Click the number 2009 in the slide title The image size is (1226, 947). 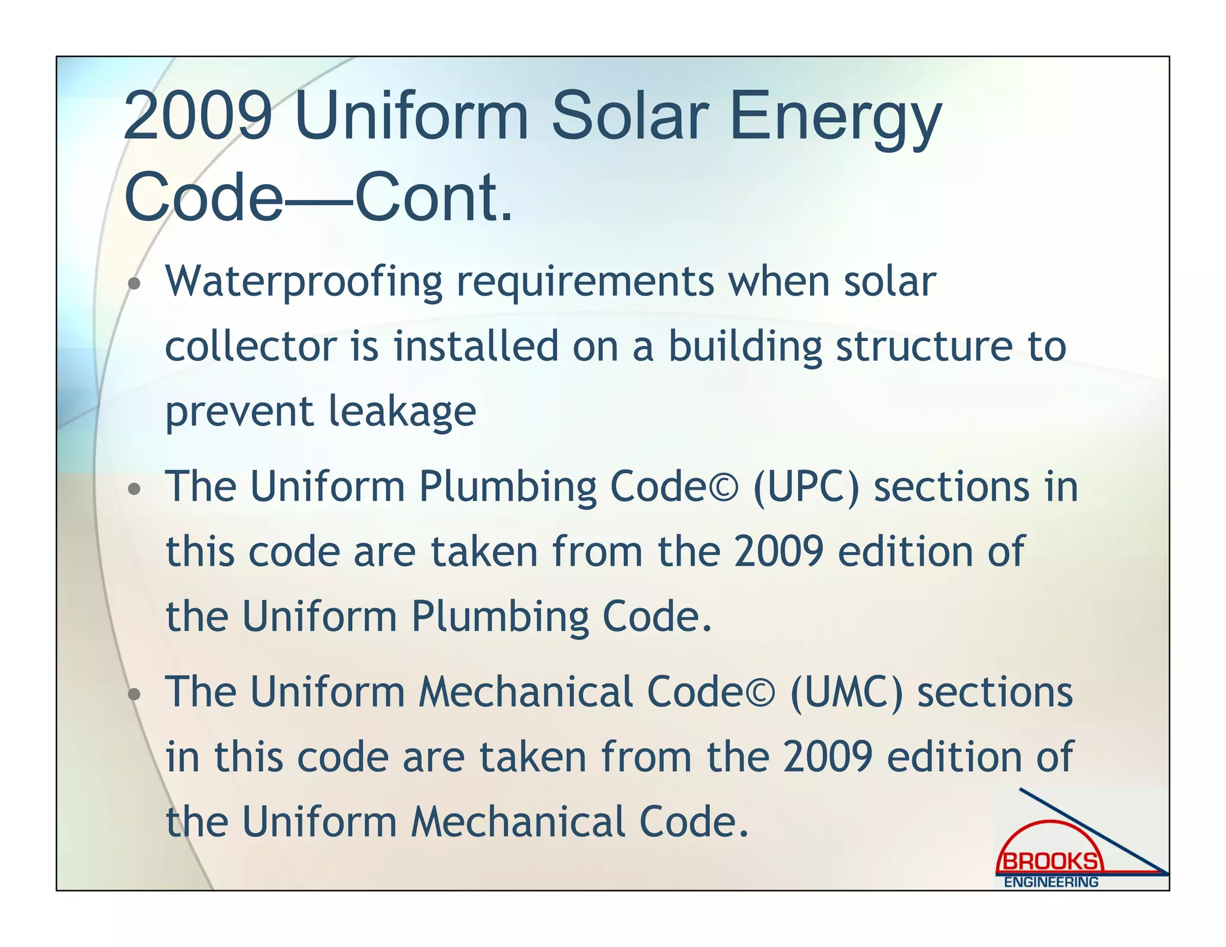click(198, 115)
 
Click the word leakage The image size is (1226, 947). click(402, 411)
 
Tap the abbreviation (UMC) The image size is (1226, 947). click(846, 693)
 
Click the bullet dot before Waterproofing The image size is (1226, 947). click(135, 284)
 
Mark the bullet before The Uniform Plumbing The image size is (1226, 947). click(135, 489)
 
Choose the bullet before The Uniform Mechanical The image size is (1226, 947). click(135, 694)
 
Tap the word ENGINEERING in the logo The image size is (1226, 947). click(1051, 882)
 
